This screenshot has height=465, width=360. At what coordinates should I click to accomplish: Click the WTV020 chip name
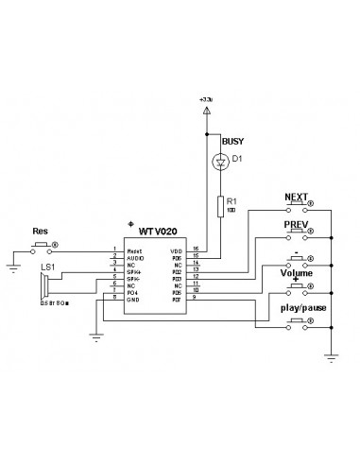[x=158, y=230]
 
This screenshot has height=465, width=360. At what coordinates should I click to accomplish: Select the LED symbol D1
[x=220, y=162]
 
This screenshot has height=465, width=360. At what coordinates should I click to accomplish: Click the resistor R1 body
[x=220, y=205]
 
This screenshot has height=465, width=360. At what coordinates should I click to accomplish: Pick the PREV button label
[x=297, y=225]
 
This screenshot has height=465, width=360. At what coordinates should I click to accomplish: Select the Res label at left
[x=41, y=231]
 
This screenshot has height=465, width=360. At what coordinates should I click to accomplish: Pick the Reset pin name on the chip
[x=134, y=250]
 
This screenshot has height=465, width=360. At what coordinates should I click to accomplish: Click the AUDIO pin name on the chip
[x=135, y=256]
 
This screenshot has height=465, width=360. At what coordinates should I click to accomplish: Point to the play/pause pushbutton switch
[x=298, y=321]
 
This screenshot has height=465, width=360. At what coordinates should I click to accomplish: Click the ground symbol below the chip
[x=98, y=333]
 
